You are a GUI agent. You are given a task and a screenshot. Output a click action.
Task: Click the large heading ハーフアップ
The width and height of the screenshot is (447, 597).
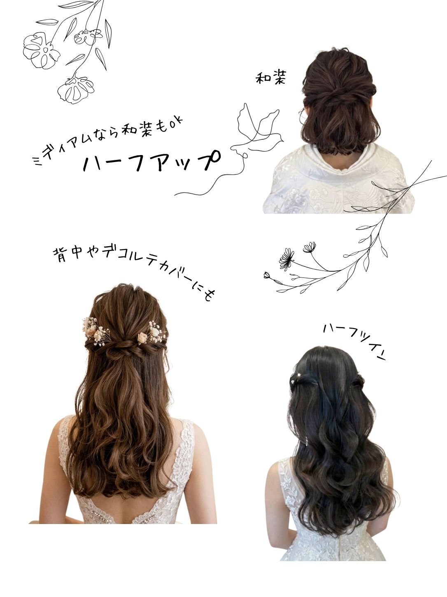point(151,162)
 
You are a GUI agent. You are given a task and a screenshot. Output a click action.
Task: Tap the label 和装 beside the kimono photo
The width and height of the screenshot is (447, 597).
point(270,78)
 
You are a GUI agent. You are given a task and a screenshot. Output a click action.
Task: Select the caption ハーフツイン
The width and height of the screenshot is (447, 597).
point(354,342)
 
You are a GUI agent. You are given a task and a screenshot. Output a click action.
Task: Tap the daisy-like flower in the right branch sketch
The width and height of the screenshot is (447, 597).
point(286,259)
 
